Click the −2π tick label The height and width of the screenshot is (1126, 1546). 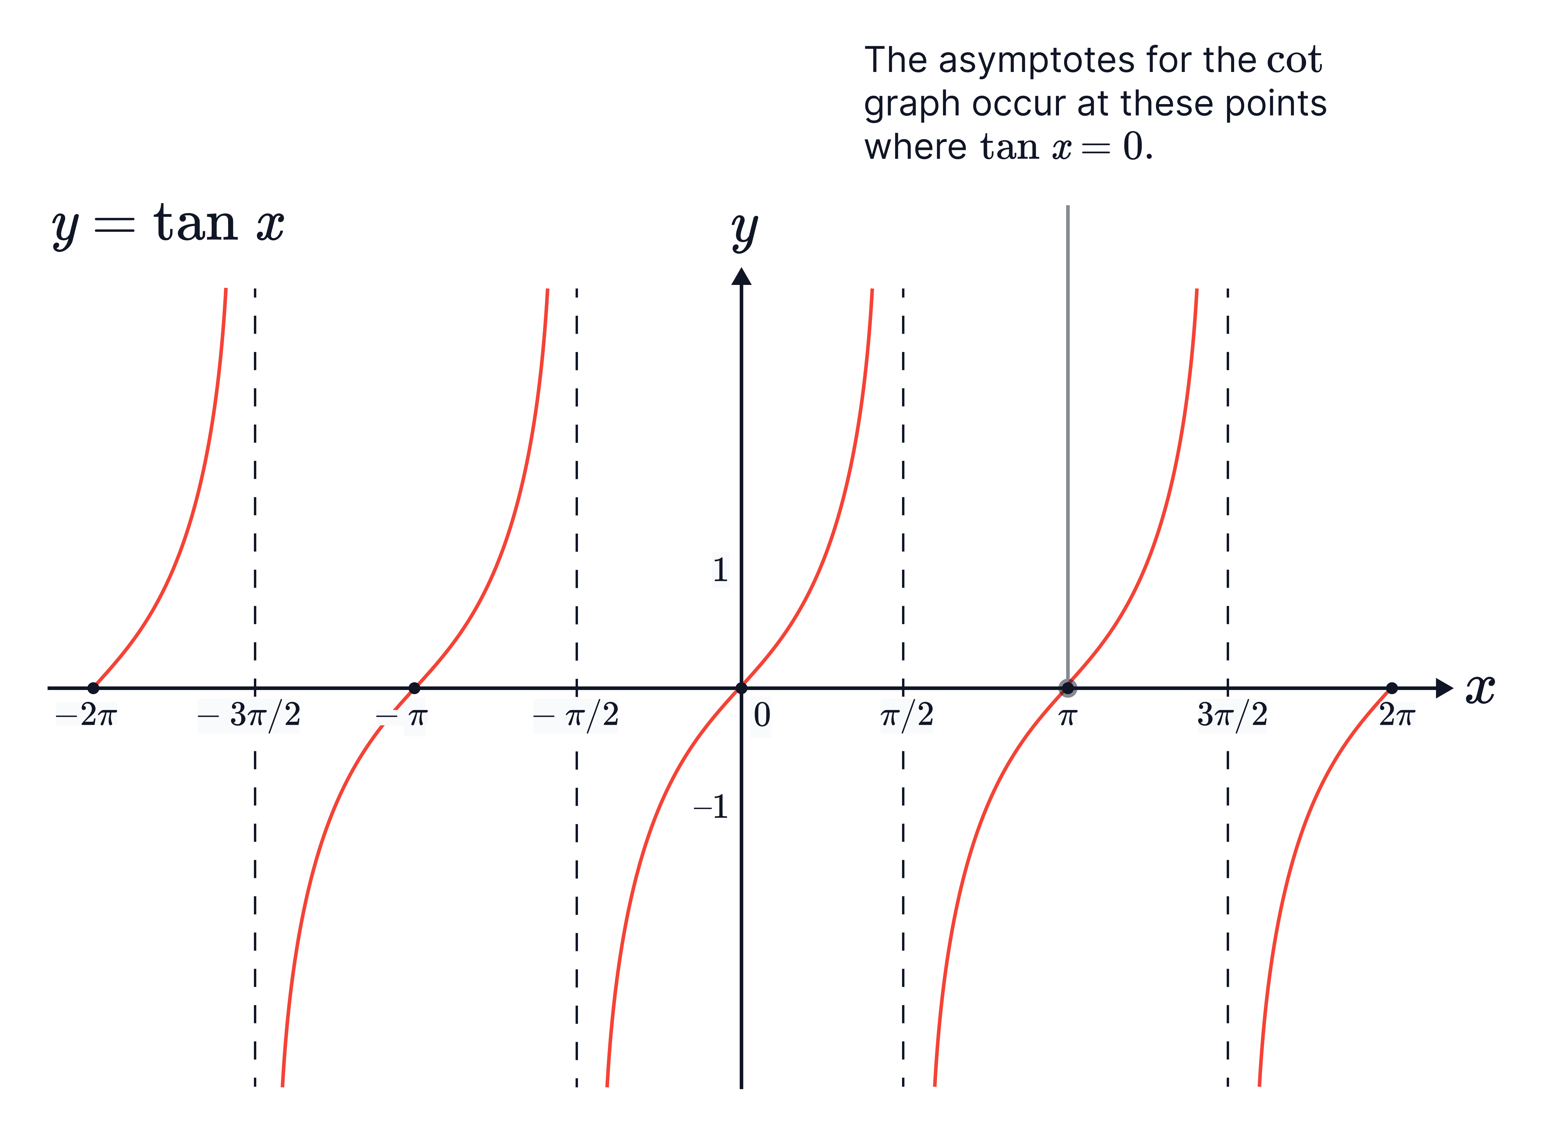[x=87, y=714]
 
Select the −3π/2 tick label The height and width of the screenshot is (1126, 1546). [x=249, y=716]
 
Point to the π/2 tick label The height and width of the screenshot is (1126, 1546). [x=906, y=716]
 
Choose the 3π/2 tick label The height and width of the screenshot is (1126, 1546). [x=1232, y=716]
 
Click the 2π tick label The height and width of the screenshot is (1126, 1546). [x=1397, y=714]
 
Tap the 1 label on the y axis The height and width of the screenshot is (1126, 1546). [x=720, y=570]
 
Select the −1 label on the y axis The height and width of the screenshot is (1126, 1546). [x=711, y=807]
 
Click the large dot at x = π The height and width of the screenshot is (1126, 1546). [x=1068, y=688]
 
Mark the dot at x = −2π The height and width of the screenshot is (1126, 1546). [x=93, y=688]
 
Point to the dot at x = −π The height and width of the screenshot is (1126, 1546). [x=414, y=688]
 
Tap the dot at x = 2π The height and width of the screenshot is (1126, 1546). [x=1392, y=688]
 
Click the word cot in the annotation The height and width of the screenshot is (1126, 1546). [x=1295, y=61]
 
